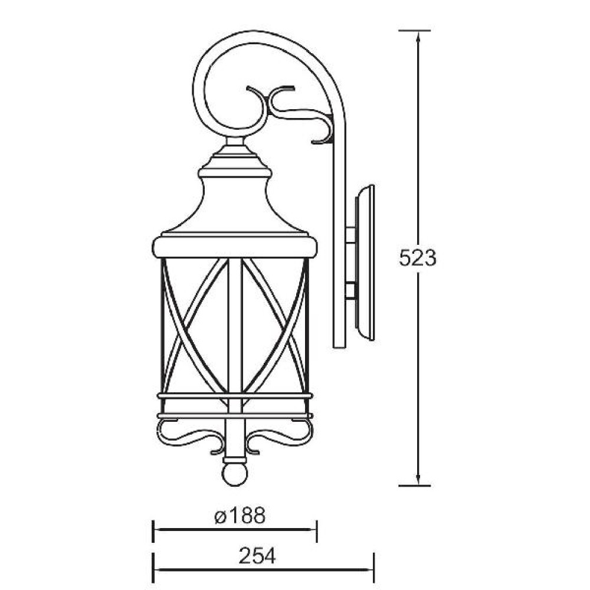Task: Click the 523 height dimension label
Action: click(x=418, y=258)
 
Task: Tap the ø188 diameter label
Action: click(x=240, y=515)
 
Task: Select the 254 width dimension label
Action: click(x=257, y=556)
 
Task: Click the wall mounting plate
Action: click(x=365, y=263)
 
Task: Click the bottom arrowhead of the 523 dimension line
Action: click(x=418, y=479)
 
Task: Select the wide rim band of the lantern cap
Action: click(x=235, y=247)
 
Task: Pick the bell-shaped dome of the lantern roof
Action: click(x=235, y=205)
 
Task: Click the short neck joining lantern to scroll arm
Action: click(x=235, y=142)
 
